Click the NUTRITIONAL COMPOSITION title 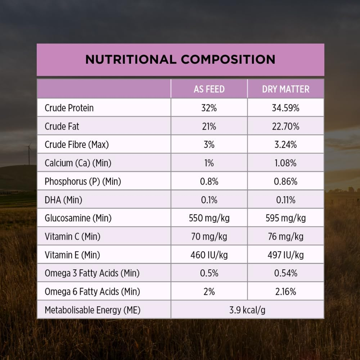point(180,59)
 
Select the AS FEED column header point(209,89)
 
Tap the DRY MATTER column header point(285,89)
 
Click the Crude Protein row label point(69,108)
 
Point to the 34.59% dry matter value point(285,108)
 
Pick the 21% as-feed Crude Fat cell point(209,126)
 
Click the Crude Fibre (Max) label point(77,145)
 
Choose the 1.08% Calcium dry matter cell point(285,163)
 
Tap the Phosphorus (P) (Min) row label point(83,181)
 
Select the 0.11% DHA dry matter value point(285,200)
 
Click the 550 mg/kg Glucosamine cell point(209,218)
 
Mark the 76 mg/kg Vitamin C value point(285,237)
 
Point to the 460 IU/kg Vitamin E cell point(209,255)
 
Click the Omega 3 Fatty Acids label point(92,273)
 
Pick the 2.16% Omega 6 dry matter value point(285,292)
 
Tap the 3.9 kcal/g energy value point(247,310)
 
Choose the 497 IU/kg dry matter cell point(285,255)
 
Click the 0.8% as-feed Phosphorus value point(209,181)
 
